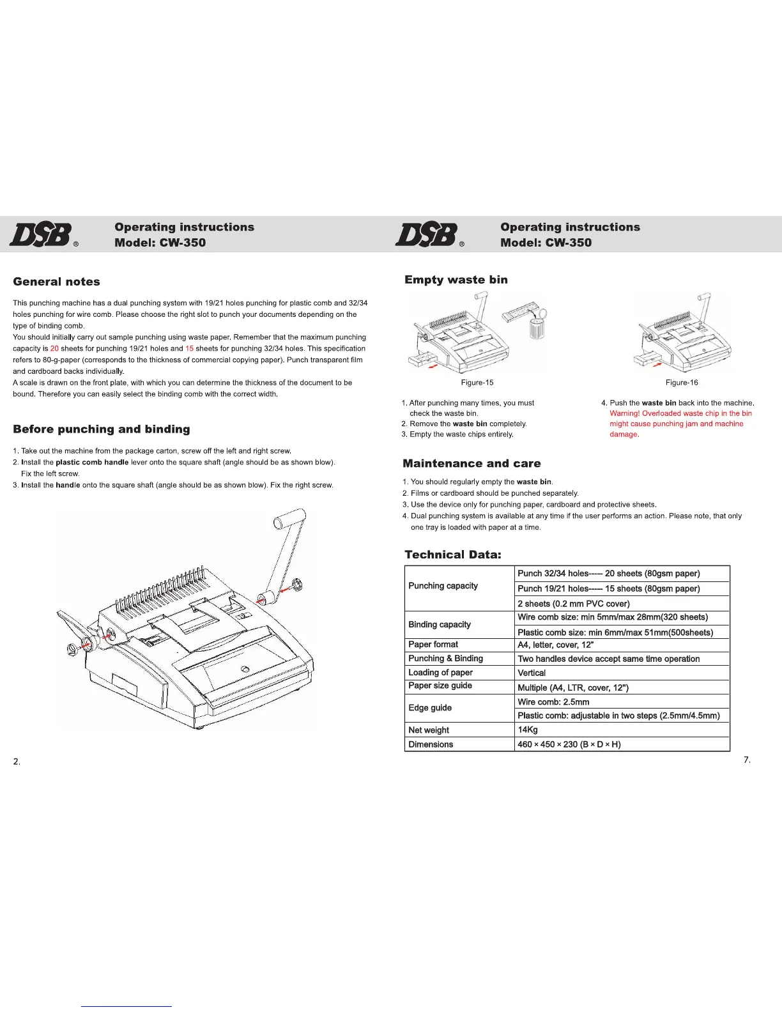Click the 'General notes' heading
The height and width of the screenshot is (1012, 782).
(x=56, y=282)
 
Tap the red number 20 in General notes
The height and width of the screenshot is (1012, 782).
(x=54, y=349)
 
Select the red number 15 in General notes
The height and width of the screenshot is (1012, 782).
(x=189, y=349)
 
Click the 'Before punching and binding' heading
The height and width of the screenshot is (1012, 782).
(x=101, y=429)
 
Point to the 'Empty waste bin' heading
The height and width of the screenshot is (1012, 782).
(x=456, y=280)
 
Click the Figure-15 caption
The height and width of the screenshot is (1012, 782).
(x=477, y=383)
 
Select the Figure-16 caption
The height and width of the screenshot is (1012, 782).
(x=681, y=383)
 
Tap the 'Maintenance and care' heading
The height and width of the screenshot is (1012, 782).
(x=471, y=464)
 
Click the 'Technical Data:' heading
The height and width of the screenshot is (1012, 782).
(x=452, y=555)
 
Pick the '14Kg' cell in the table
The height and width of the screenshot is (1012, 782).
(x=528, y=730)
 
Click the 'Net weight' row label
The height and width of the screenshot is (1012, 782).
(x=428, y=730)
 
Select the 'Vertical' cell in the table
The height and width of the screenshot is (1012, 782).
(x=532, y=673)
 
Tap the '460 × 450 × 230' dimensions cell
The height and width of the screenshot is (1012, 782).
(x=569, y=744)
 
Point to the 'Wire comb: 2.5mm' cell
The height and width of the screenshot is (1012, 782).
(x=553, y=702)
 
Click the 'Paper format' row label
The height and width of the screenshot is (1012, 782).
(x=433, y=645)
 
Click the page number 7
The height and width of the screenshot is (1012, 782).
(x=747, y=760)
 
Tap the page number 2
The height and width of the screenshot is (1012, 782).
(x=17, y=762)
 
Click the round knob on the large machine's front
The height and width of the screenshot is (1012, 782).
(x=245, y=669)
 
